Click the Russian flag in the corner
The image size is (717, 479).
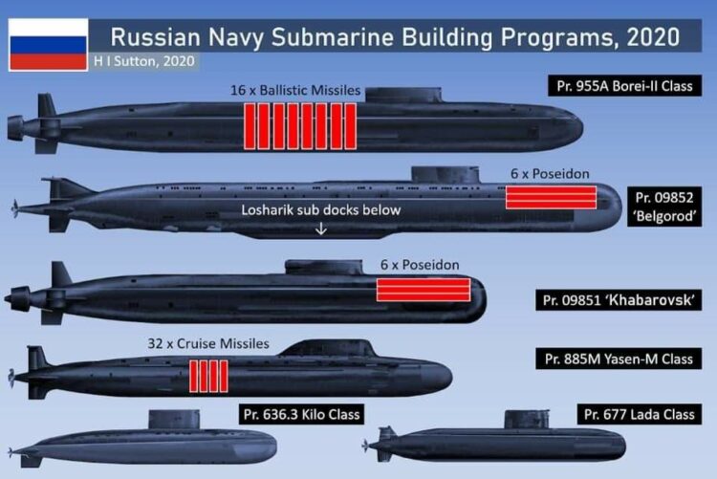coord(48,45)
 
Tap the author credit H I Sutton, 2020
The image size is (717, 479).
coord(144,61)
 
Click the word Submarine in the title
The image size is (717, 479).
coord(333,37)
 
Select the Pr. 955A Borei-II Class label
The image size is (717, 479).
coord(624,86)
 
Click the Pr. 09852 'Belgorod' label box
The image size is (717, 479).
coord(664,207)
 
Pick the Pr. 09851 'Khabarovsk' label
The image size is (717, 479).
coord(619,300)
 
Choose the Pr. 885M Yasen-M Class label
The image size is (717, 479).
coord(619,359)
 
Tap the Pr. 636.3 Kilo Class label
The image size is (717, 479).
coord(301,415)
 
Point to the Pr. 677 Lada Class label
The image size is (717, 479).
coord(640,415)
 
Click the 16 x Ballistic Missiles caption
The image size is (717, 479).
coord(295,91)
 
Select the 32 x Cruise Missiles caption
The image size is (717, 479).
coord(208,343)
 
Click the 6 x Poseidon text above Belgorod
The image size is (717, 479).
coord(550,174)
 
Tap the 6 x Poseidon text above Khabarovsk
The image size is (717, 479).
coord(420,265)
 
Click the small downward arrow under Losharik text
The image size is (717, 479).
coord(321,229)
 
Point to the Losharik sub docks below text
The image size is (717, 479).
coord(321,210)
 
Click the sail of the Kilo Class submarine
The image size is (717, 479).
coord(174,419)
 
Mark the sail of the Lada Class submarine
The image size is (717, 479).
coord(527,419)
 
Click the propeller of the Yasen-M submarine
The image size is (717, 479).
coord(11,378)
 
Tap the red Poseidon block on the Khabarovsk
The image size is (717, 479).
coord(424,290)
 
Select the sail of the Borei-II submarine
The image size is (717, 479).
coord(403,96)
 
